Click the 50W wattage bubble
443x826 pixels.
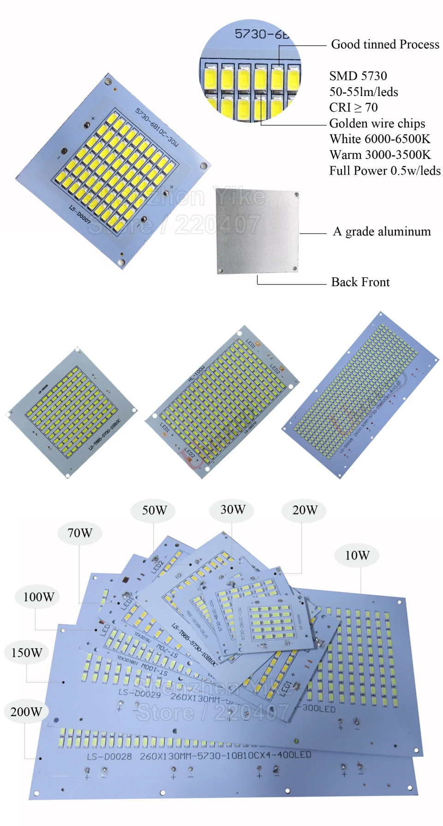point(154,510)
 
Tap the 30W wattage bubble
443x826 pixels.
point(233,509)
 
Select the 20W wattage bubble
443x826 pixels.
point(305,510)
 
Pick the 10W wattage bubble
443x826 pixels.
point(357,555)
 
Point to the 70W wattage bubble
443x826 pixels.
point(80,533)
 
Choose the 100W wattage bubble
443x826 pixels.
point(39,597)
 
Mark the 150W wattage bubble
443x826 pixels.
point(27,653)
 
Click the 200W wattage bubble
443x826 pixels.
point(26,711)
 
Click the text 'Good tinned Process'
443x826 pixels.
point(385,44)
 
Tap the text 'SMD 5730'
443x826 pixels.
point(358,76)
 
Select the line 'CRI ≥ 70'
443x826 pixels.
point(353,108)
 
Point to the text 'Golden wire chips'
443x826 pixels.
point(377,123)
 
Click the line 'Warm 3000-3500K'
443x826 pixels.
point(380,155)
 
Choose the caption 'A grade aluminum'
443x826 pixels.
point(382,231)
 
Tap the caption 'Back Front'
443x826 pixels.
point(360,282)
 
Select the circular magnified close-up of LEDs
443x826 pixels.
point(251,71)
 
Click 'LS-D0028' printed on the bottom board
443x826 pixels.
point(109,757)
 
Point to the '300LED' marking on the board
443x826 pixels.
point(319,708)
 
